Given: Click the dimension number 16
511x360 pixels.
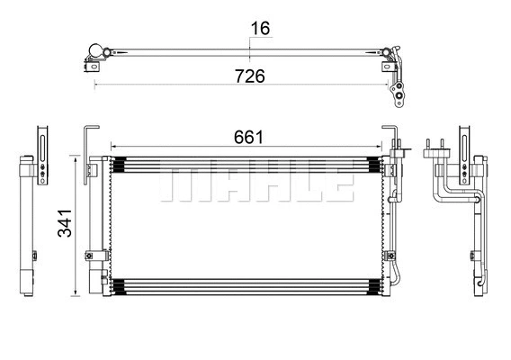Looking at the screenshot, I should (x=260, y=29).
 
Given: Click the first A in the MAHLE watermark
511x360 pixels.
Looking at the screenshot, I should (x=220, y=183).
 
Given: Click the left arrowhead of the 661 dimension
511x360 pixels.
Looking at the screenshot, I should (x=112, y=146).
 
